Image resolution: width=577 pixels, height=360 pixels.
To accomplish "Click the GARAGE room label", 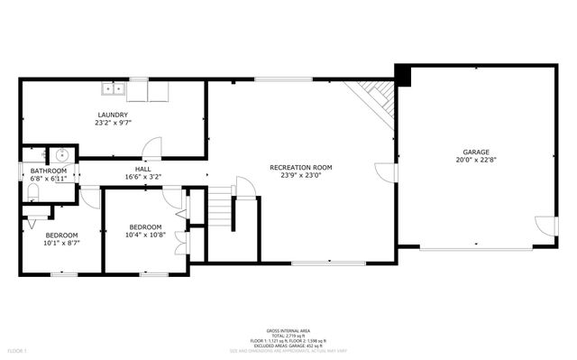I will coord(476,152).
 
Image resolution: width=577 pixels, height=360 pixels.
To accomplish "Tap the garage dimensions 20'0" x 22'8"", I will coord(476,160).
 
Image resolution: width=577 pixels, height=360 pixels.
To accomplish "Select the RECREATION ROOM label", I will coord(301,167).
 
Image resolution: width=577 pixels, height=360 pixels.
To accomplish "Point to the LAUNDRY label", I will coord(113,115).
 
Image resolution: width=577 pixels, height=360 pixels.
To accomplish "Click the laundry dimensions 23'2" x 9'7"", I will coord(113,123).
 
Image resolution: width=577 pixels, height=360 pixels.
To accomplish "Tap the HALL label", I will coord(143,169).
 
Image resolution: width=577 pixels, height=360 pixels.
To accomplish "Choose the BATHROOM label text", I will coord(48,171).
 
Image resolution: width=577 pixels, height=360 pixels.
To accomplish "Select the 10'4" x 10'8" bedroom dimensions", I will coord(145,235).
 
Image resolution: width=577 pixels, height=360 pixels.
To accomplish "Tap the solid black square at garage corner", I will coord(402,76).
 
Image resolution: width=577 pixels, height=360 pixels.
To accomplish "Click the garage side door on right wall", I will coord(545,226).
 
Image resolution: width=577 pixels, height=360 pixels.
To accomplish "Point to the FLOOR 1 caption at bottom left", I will coord(18,349).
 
